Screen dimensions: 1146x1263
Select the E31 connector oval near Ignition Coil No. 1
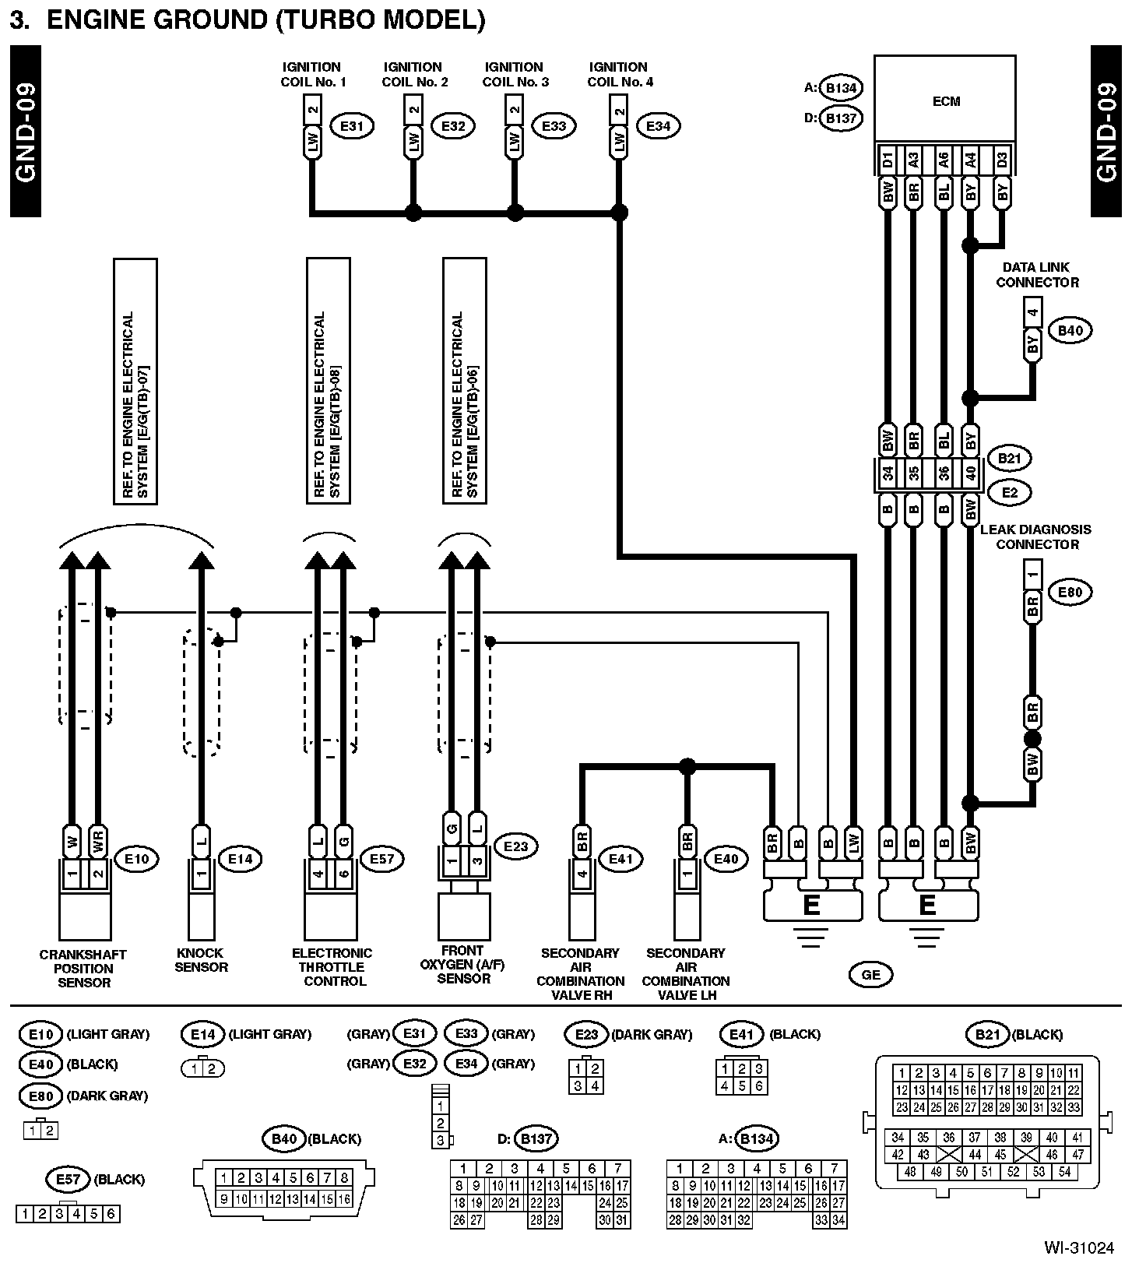[352, 125]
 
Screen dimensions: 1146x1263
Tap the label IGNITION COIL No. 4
[620, 74]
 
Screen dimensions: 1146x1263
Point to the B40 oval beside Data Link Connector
[1070, 330]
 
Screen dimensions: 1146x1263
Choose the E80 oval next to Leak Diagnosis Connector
[1070, 592]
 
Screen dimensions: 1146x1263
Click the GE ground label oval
[871, 974]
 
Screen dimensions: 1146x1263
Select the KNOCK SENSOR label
[201, 959]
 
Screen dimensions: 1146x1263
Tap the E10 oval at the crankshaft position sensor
[136, 859]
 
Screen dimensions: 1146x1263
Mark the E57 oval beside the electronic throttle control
[381, 859]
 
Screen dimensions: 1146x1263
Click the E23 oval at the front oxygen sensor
[515, 846]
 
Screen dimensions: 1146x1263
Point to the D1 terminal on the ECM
[888, 160]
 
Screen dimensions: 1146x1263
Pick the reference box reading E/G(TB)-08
[328, 381]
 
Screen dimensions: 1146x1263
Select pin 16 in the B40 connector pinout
[343, 1200]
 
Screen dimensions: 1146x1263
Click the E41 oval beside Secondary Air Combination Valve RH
[620, 859]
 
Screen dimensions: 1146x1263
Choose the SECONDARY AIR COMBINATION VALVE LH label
[686, 973]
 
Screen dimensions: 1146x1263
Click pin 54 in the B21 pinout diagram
[1064, 1171]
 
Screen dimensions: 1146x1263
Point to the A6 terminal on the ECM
[944, 160]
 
